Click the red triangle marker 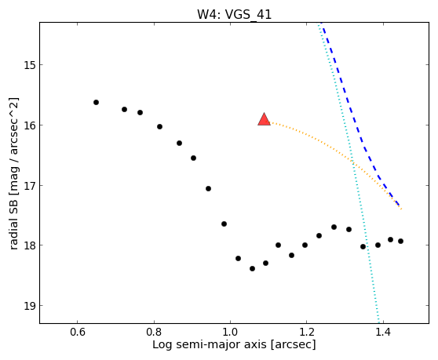[x=264, y=120]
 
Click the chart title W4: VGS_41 [x=235, y=15]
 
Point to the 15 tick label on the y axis [x=30, y=65]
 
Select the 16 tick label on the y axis [x=30, y=125]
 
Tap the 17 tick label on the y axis [x=30, y=185]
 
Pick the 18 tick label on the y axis [x=30, y=245]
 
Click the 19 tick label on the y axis [x=30, y=306]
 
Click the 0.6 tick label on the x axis [x=77, y=333]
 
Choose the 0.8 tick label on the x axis [x=154, y=333]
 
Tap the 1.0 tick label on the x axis [x=230, y=333]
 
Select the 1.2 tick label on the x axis [x=307, y=333]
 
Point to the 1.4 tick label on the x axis [x=383, y=333]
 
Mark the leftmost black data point [x=96, y=103]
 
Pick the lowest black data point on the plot [x=252, y=269]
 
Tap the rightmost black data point [x=400, y=241]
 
